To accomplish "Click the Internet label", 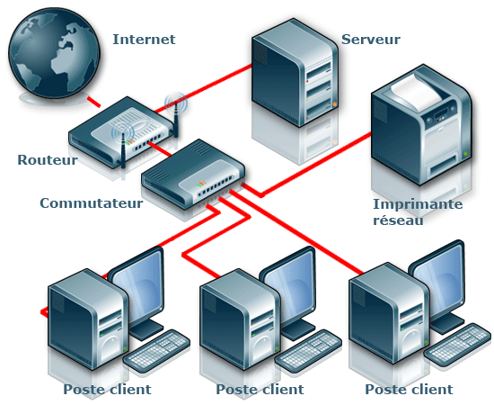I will click(144, 40).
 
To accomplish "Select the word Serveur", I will click(370, 40).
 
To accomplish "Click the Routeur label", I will click(47, 160).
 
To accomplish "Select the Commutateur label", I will click(91, 203).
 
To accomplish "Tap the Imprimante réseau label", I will click(418, 212).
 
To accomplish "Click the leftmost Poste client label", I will click(107, 390).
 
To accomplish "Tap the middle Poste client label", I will click(260, 390).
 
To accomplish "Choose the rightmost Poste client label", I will click(409, 390).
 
